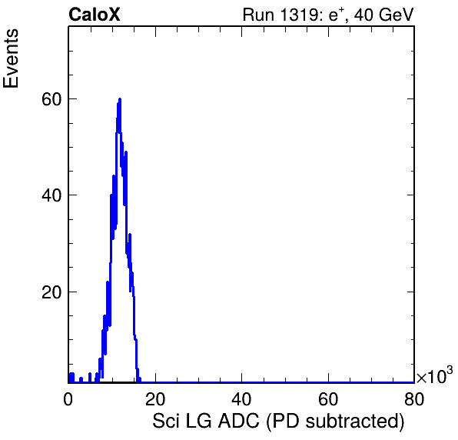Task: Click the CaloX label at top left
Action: [94, 15]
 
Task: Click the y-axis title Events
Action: [11, 58]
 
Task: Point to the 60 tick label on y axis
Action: [51, 99]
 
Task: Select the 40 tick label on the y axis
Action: [51, 195]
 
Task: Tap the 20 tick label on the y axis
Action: [51, 292]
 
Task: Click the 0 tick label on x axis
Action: [68, 398]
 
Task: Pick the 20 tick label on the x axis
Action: [155, 398]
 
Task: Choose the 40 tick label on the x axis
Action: [241, 398]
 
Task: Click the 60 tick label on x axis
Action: [328, 398]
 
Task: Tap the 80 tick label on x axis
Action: [414, 398]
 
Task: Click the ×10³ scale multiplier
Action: [435, 375]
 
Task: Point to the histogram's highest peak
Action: [119, 99]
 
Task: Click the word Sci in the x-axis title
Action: [165, 421]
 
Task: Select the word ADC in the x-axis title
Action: [239, 421]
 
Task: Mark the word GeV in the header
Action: [396, 15]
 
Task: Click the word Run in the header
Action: [259, 15]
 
